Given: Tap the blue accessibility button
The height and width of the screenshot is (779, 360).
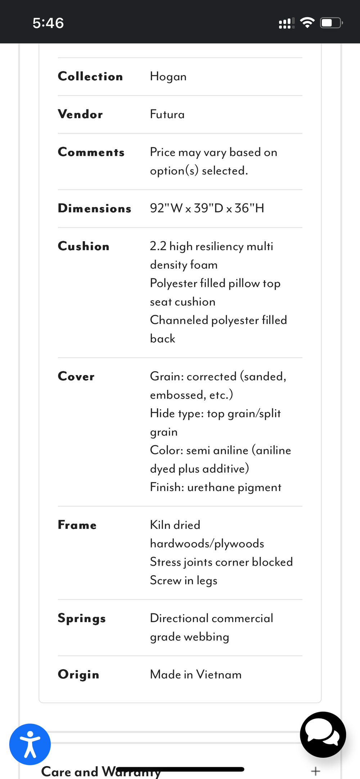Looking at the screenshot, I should click(x=30, y=744).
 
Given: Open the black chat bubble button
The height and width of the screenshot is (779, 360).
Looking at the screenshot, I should click(x=323, y=734).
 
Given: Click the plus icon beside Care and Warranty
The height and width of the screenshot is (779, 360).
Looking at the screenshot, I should click(x=315, y=771).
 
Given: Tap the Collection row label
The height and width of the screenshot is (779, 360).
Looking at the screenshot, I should click(x=90, y=76).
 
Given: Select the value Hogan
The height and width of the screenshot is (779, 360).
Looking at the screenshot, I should click(x=168, y=77).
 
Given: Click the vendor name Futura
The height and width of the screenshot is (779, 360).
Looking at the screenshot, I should click(x=167, y=114).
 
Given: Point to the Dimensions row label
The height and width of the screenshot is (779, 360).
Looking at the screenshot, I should click(x=94, y=208).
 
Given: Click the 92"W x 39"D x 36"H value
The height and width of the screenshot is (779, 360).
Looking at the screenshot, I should click(x=207, y=208).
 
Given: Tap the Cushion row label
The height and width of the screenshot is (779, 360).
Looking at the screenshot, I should click(x=84, y=246).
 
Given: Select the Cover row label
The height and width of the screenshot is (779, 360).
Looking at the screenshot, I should click(x=76, y=376).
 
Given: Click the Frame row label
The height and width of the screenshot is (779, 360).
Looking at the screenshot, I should click(x=77, y=525).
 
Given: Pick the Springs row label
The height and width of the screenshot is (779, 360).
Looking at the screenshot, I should click(x=82, y=618).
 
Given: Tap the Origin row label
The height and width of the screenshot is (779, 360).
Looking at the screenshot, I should click(x=78, y=675).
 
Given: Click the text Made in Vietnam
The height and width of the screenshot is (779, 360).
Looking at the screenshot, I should click(x=195, y=674).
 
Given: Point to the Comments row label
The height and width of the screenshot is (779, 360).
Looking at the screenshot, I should click(x=91, y=152).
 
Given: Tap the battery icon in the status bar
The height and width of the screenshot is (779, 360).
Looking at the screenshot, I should click(x=331, y=23).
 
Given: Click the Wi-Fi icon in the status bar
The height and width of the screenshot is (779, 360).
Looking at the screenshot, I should click(x=307, y=23).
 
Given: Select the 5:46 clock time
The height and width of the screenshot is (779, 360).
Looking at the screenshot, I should click(x=48, y=23).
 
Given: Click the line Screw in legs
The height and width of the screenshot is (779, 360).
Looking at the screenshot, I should click(x=184, y=580).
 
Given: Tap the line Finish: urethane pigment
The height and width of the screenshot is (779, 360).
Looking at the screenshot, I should click(x=215, y=487).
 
